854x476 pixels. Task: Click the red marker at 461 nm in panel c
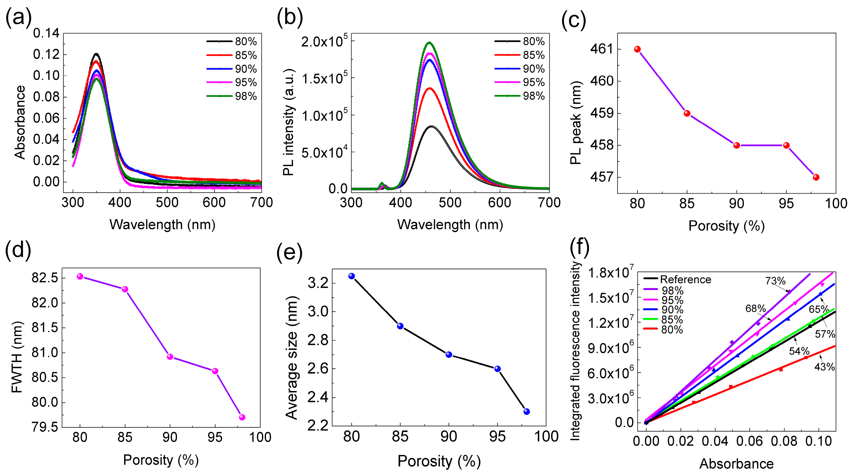[637, 49]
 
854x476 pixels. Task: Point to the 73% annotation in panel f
[775, 281]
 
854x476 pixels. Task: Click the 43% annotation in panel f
[824, 367]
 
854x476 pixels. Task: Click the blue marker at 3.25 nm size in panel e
[352, 276]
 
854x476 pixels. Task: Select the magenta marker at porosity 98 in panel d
[242, 417]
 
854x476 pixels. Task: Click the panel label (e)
[289, 252]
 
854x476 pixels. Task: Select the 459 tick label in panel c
[601, 113]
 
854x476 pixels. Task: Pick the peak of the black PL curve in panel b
[431, 126]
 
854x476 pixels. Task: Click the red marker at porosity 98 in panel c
[816, 177]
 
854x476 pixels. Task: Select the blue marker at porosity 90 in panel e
[449, 355]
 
